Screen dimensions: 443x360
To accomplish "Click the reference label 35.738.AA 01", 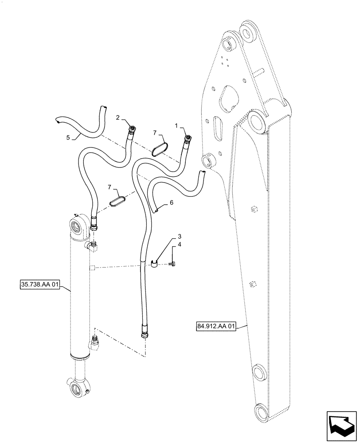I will coord(40,284).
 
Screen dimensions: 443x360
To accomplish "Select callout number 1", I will coord(176,126).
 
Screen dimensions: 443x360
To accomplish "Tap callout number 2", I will coord(118,117).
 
